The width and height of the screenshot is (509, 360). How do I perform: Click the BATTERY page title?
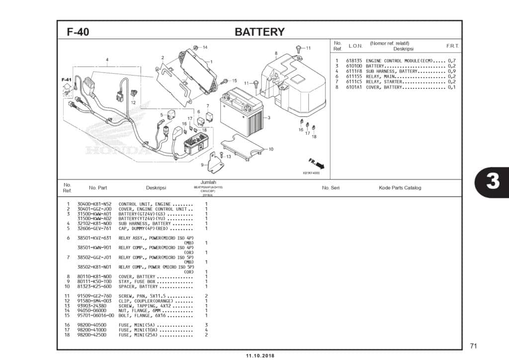pyautogui.click(x=259, y=32)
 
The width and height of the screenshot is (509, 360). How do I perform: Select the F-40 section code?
pyautogui.click(x=78, y=32)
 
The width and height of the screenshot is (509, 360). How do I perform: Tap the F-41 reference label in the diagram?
pyautogui.click(x=67, y=80)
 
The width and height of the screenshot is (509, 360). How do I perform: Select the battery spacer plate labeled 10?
pyautogui.click(x=242, y=148)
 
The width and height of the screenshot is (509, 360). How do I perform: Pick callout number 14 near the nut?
pyautogui.click(x=205, y=47)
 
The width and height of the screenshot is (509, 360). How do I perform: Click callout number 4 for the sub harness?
pyautogui.click(x=107, y=60)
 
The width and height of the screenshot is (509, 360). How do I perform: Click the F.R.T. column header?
pyautogui.click(x=452, y=46)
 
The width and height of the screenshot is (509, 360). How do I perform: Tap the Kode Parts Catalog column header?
pyautogui.click(x=400, y=187)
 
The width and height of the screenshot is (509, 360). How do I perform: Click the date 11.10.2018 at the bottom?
pyautogui.click(x=259, y=356)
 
